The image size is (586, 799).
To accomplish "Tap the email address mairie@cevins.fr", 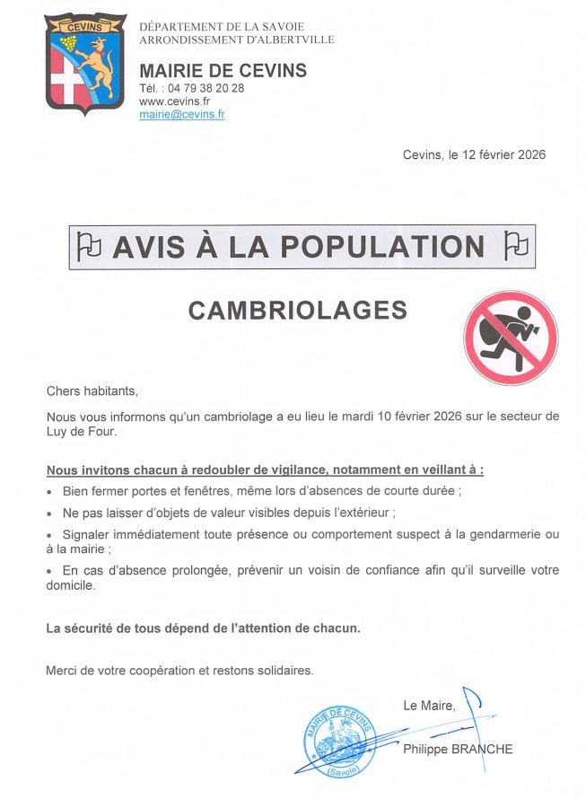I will (182, 115).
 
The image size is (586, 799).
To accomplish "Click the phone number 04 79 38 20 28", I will (206, 88).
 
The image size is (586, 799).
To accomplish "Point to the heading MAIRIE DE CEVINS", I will (223, 71).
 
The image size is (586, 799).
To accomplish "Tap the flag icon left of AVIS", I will (88, 245).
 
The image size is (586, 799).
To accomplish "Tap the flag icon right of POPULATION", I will (516, 245).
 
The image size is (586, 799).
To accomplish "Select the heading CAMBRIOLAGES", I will (297, 310).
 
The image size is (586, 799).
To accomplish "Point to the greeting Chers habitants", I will (92, 391).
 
